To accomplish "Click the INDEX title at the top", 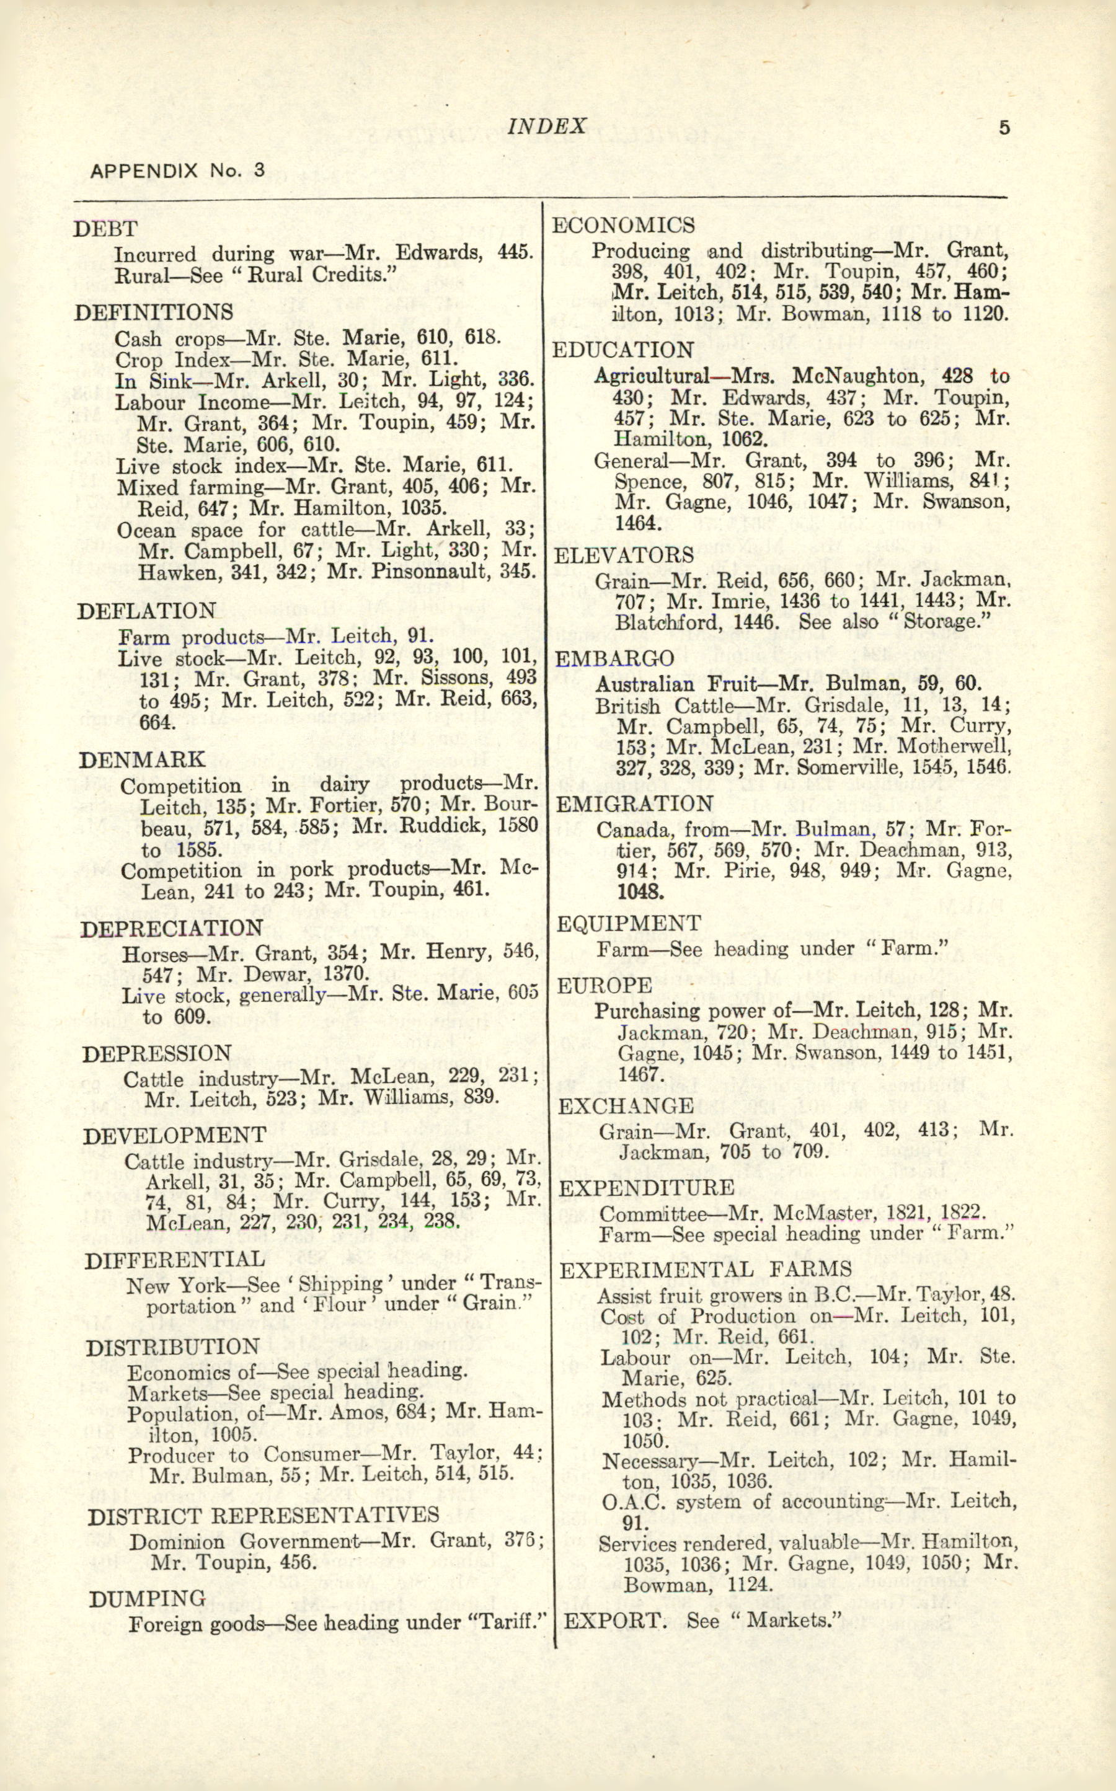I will [x=547, y=126].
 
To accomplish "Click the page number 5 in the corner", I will [x=1004, y=128].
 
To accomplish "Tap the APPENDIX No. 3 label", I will [x=177, y=170].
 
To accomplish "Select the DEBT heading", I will [x=105, y=229].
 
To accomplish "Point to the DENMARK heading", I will [x=142, y=760].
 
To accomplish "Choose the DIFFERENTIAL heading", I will [x=174, y=1259].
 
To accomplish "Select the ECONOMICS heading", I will [x=623, y=225].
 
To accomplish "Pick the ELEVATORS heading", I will [x=624, y=555].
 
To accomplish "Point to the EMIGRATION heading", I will [x=635, y=803].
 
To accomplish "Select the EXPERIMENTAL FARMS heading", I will [x=706, y=1269].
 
